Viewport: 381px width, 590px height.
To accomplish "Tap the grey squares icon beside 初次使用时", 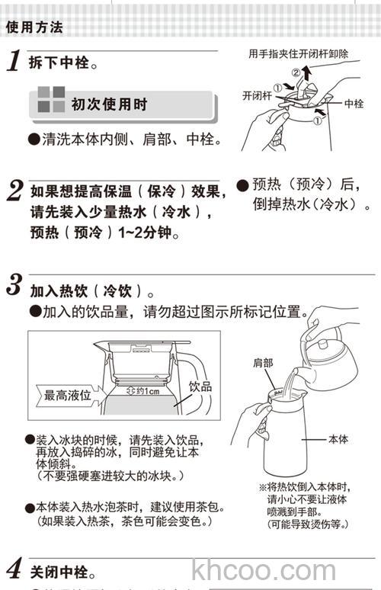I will [x=50, y=101].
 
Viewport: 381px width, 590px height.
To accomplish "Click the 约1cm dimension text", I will [x=143, y=392].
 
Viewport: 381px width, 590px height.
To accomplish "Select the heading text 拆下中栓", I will [x=64, y=63].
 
